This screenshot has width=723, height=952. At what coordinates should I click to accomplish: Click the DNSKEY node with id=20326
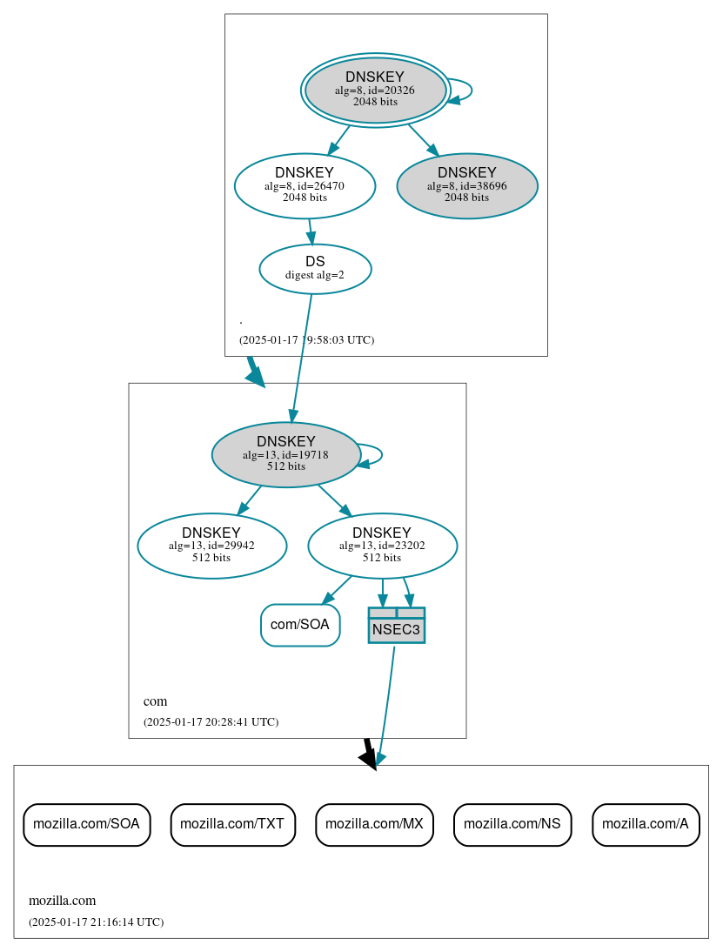(375, 90)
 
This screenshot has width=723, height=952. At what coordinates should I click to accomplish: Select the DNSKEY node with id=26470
(305, 185)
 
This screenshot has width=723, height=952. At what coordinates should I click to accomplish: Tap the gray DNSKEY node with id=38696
(467, 185)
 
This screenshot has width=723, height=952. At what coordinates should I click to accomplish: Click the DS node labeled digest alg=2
(315, 269)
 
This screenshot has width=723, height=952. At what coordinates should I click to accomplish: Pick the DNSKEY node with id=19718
(285, 454)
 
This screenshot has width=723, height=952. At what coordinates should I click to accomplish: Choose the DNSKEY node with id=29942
(211, 546)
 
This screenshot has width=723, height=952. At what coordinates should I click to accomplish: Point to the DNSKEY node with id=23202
(382, 546)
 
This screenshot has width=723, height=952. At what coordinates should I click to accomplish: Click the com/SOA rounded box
(300, 625)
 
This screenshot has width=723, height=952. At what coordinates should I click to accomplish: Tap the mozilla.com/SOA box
(86, 824)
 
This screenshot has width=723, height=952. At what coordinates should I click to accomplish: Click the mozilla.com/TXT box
(233, 824)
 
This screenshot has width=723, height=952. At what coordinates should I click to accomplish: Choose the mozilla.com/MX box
(374, 824)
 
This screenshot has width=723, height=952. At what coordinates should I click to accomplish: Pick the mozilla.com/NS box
(512, 824)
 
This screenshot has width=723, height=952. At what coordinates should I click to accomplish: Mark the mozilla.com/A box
(646, 824)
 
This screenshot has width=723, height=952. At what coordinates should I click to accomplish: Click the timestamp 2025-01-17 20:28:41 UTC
(211, 722)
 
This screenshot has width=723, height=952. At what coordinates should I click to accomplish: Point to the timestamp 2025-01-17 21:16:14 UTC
(96, 922)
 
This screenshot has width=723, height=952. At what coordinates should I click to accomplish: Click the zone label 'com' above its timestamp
(155, 701)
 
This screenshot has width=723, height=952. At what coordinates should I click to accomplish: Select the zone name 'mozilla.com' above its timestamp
(62, 901)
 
